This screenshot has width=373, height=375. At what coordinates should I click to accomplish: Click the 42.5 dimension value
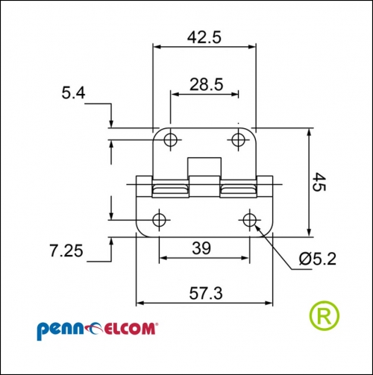click(204, 38)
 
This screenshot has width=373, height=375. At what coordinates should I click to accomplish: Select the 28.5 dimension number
click(206, 84)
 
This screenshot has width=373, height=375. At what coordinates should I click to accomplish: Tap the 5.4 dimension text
click(73, 93)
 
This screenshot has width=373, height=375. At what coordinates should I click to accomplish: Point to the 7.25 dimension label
click(66, 250)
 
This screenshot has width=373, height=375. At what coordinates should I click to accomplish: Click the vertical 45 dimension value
click(319, 182)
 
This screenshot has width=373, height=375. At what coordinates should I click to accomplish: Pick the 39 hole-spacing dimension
click(201, 248)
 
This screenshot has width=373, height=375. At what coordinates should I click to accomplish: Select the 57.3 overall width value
click(206, 293)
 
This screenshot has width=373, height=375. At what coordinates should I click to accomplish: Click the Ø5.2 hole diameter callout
click(318, 259)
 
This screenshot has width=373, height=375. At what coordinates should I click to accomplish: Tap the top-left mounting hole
click(171, 139)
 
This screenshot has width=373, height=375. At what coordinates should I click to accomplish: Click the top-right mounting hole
click(238, 139)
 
